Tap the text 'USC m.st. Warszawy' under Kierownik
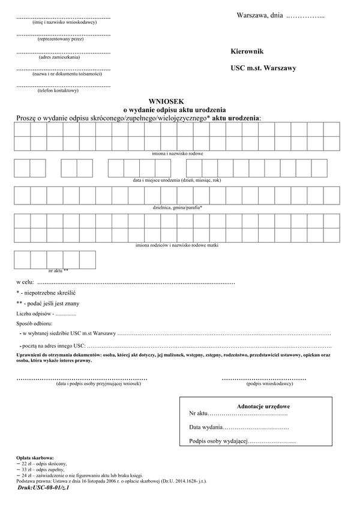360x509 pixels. click(x=263, y=68)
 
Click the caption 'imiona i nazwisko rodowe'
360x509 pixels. click(x=177, y=154)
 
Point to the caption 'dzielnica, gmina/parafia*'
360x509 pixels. click(x=178, y=207)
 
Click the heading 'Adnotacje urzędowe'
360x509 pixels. click(x=264, y=406)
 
